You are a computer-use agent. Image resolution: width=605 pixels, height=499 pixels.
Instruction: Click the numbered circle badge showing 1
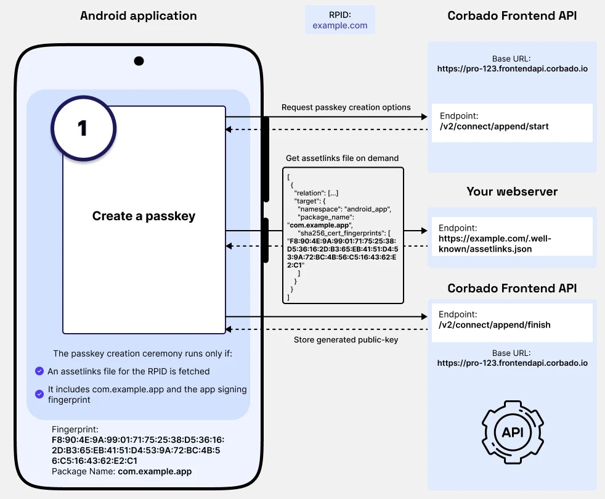[83, 128]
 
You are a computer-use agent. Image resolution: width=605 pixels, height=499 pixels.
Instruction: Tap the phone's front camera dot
[139, 61]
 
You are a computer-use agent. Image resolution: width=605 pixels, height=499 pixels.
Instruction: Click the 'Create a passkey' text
[144, 216]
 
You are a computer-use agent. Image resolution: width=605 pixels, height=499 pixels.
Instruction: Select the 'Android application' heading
[139, 15]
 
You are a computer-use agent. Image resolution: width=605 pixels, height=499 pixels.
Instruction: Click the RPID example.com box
[339, 20]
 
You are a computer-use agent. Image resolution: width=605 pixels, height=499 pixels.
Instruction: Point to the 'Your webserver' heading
[512, 191]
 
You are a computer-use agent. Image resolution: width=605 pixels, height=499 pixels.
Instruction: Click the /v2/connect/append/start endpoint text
[494, 126]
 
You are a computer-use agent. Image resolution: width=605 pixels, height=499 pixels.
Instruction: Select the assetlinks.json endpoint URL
[485, 243]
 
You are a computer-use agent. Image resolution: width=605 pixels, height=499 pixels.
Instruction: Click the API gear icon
[513, 432]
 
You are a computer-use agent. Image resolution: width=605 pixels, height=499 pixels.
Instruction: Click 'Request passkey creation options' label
[346, 107]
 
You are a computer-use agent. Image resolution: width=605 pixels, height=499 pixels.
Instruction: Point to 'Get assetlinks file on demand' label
[342, 158]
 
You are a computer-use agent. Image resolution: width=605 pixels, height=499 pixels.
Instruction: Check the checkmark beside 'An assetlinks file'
[39, 371]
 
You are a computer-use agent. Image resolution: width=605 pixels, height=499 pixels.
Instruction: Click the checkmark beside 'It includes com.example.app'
[39, 391]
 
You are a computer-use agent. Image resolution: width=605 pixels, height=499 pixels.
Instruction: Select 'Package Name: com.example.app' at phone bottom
[121, 471]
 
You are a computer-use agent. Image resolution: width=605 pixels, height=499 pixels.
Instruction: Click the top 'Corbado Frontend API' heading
[512, 15]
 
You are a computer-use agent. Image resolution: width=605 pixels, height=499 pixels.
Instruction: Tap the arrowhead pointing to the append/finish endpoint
[423, 316]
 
